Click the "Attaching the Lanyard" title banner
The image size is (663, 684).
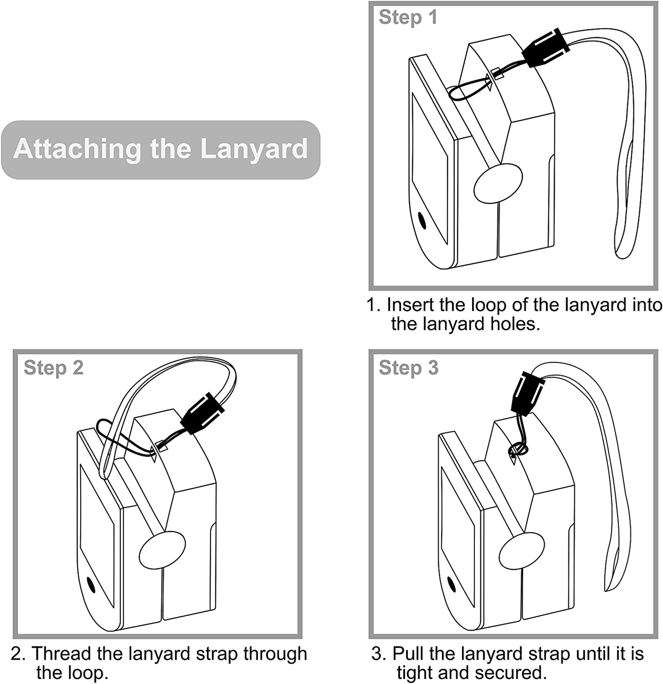click(161, 150)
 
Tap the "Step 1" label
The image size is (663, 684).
click(408, 17)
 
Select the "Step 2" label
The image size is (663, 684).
click(54, 368)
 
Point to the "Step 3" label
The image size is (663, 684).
click(408, 368)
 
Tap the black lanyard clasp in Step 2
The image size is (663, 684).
click(202, 413)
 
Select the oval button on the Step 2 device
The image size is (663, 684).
click(162, 550)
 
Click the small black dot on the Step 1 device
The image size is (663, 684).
click(422, 220)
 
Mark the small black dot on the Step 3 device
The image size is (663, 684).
click(451, 584)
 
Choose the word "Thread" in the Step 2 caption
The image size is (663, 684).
click(61, 654)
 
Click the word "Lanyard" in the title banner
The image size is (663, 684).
click(254, 150)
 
